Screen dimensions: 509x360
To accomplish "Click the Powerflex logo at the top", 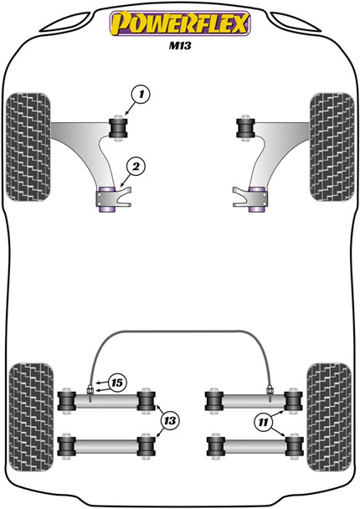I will pyautogui.click(x=179, y=24).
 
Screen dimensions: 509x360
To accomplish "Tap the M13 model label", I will pyautogui.click(x=179, y=48).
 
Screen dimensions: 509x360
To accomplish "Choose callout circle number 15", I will pyautogui.click(x=116, y=383).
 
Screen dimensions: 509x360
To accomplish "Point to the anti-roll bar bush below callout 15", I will pyautogui.click(x=90, y=388).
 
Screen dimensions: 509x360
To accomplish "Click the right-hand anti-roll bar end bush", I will pyautogui.click(x=270, y=388).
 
